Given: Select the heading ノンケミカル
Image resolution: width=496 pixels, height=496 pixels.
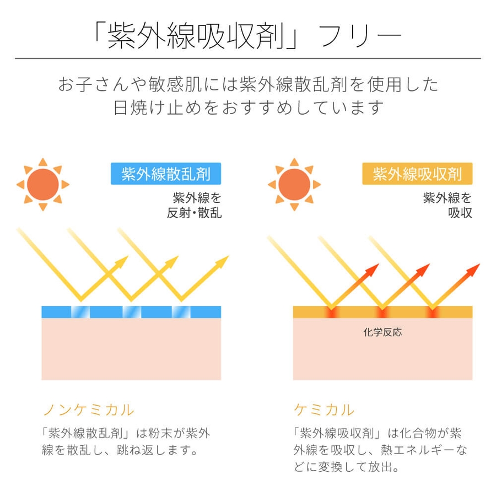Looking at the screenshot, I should pyautogui.click(x=88, y=409).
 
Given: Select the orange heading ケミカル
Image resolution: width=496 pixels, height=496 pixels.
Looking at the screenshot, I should pyautogui.click(x=325, y=409).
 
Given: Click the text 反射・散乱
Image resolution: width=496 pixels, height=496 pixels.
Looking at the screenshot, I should pyautogui.click(x=194, y=213).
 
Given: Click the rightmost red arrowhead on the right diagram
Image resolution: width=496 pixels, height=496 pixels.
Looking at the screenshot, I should pyautogui.click(x=473, y=269).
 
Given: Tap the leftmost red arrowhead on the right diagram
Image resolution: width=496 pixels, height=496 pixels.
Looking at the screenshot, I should pyautogui.click(x=373, y=269).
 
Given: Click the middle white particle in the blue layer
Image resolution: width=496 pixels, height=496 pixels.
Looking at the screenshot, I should pyautogui.click(x=131, y=312).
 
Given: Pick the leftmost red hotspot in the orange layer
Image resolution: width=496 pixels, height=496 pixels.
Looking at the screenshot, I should pyautogui.click(x=330, y=312).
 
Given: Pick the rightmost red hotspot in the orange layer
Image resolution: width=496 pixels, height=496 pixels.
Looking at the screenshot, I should pyautogui.click(x=431, y=312).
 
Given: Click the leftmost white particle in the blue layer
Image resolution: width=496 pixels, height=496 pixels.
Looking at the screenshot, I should pyautogui.click(x=80, y=312).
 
